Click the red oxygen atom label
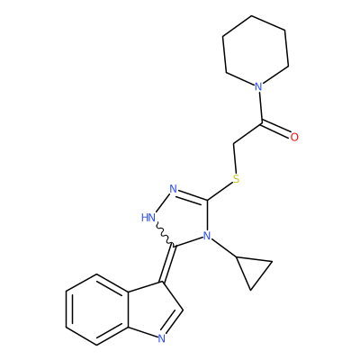(x=294, y=137)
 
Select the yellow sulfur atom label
(x=237, y=179)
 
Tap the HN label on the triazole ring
(x=148, y=218)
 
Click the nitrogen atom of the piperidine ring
(x=258, y=87)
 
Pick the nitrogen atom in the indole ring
(x=162, y=338)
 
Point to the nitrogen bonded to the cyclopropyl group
(x=207, y=236)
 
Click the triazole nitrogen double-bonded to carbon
(x=173, y=189)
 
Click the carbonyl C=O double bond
(x=276, y=129)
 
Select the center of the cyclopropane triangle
(x=254, y=269)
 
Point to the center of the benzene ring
(x=96, y=310)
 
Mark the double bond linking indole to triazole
(x=168, y=264)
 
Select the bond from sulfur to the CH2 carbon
(x=235, y=158)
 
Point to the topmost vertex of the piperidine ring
(x=251, y=15)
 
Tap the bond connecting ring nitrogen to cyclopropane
(x=224, y=247)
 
